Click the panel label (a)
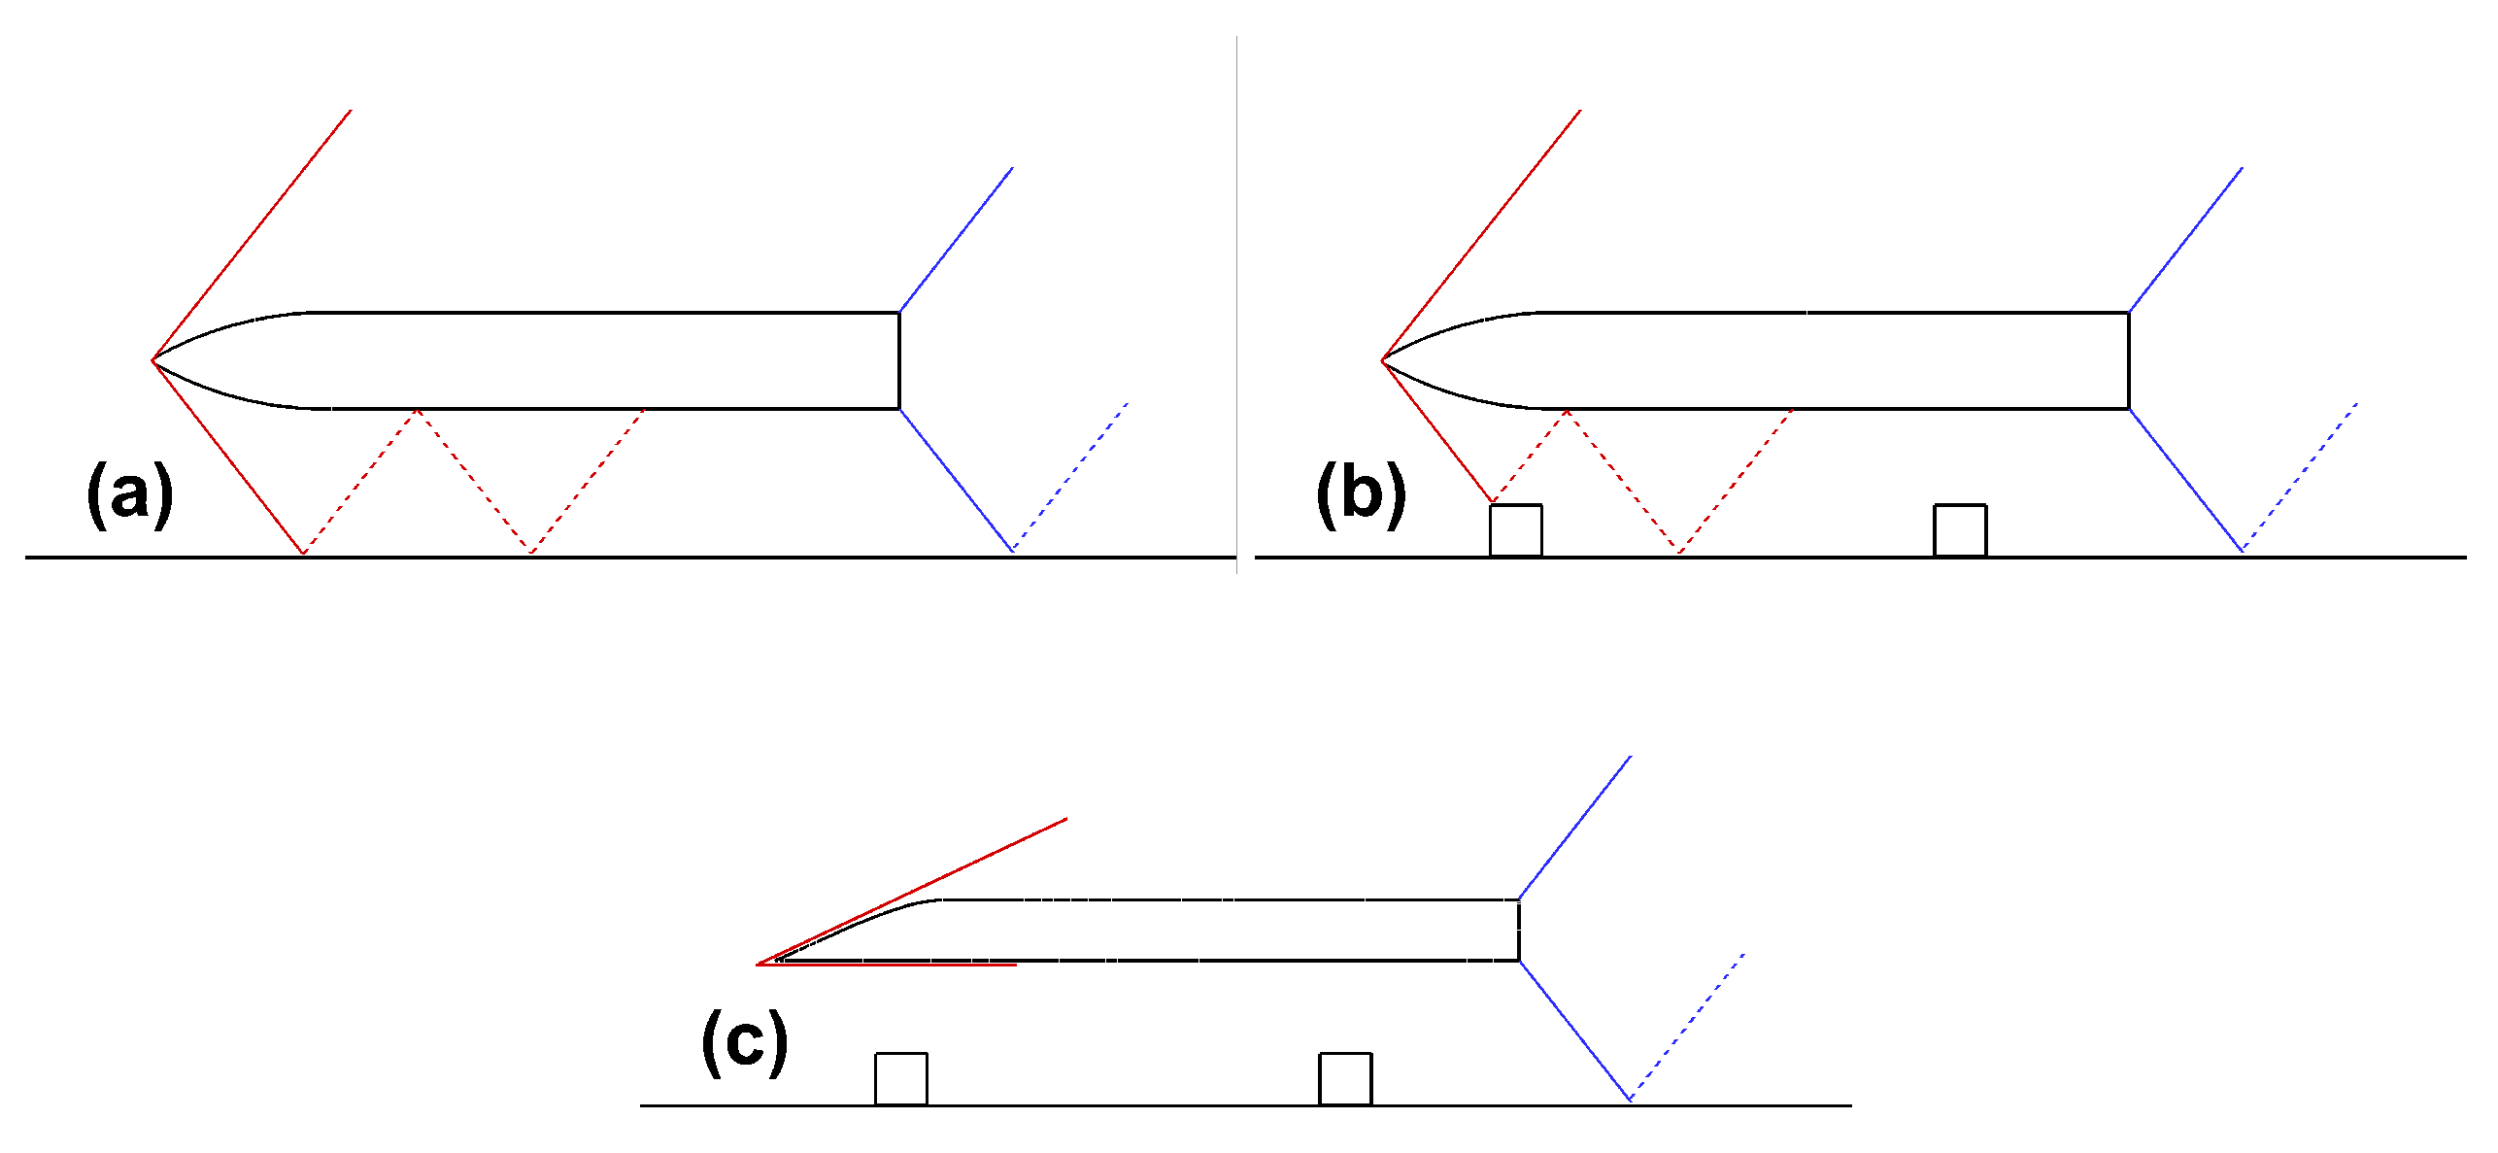click(x=130, y=494)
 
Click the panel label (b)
click(x=1361, y=494)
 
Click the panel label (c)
click(x=744, y=1042)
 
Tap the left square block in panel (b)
click(x=1515, y=530)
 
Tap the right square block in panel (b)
click(x=1959, y=530)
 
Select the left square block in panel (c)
click(x=900, y=1078)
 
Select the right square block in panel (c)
click(x=1344, y=1078)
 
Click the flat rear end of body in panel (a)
click(x=899, y=360)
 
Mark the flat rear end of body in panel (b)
click(x=2128, y=360)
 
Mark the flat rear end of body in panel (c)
click(x=1518, y=931)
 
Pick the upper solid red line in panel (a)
click(x=252, y=235)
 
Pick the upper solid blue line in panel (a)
click(x=957, y=239)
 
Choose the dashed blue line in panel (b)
click(x=2300, y=477)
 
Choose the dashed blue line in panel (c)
click(x=1687, y=1027)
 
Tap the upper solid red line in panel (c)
click(x=913, y=891)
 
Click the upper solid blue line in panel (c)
click(x=1574, y=828)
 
